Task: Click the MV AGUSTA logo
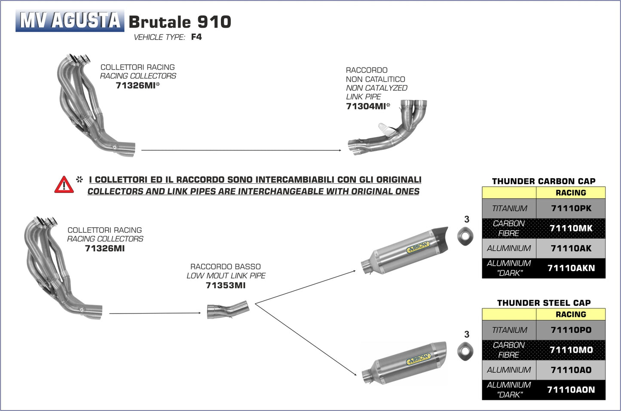click(70, 21)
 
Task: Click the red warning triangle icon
click(64, 185)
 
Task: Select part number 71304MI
click(366, 107)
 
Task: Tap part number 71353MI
click(226, 285)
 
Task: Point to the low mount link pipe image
click(228, 310)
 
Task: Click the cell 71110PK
click(571, 208)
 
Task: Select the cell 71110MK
click(571, 228)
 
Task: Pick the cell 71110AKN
click(571, 268)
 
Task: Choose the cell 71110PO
click(571, 330)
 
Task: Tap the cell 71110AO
click(571, 370)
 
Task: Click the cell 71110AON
click(571, 390)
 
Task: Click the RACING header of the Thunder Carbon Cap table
click(571, 193)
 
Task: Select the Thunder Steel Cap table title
click(544, 303)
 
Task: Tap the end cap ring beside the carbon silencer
click(465, 236)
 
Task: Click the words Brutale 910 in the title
click(180, 22)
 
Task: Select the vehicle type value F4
click(196, 37)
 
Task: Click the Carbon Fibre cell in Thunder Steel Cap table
click(509, 350)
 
